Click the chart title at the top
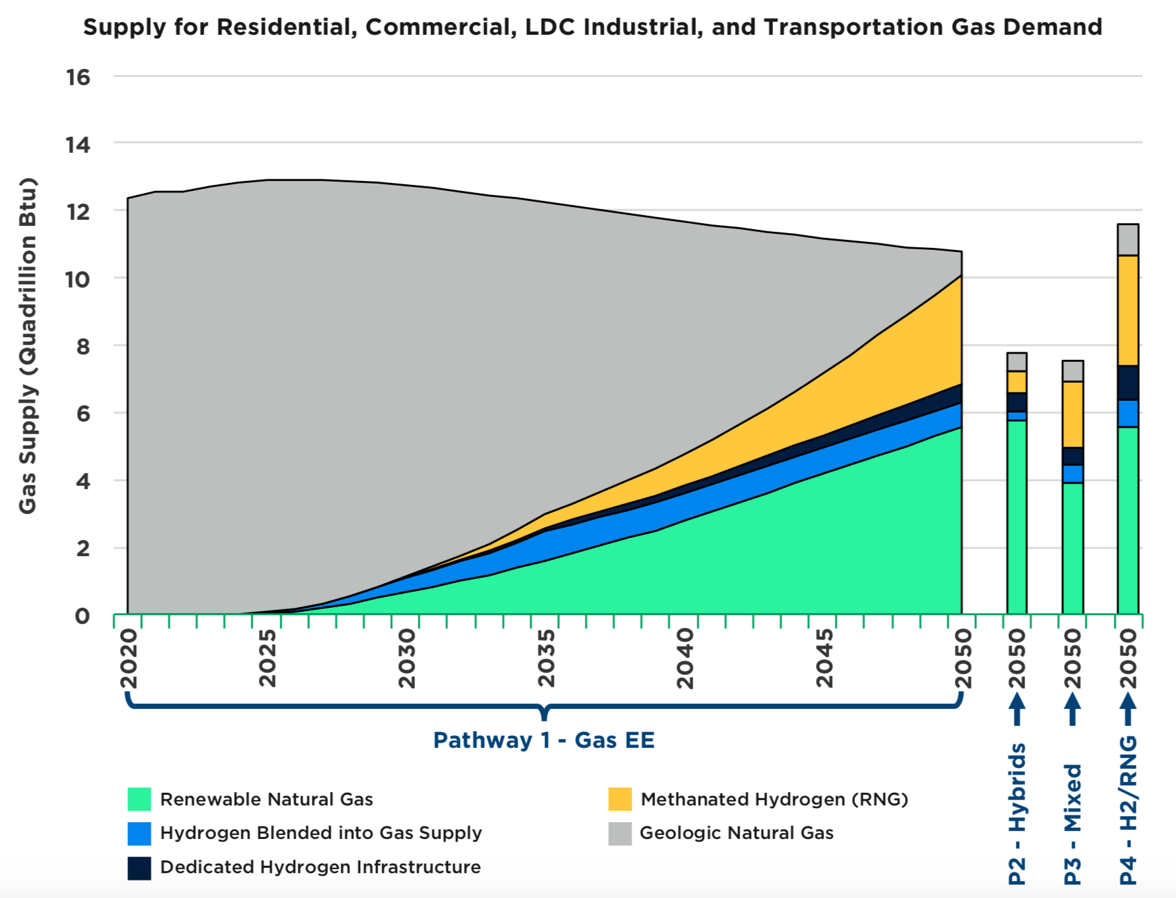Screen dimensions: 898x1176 [x=593, y=27]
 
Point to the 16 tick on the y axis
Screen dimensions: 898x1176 [x=78, y=77]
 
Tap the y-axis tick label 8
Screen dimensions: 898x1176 [x=82, y=346]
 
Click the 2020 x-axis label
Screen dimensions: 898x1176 [x=129, y=658]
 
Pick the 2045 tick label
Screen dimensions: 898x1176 [x=825, y=658]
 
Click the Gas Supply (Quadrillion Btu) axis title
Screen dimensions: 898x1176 [x=27, y=346]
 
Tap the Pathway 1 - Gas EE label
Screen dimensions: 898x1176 [x=544, y=740]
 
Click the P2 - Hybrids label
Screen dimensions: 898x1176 [x=1017, y=814]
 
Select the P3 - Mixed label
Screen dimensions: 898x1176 [x=1073, y=824]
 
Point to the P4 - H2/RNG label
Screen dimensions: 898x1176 [x=1128, y=810]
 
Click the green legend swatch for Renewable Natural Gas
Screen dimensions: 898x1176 [x=139, y=799]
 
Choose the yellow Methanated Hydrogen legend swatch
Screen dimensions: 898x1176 [x=620, y=799]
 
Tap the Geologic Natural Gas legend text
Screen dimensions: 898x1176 [x=736, y=833]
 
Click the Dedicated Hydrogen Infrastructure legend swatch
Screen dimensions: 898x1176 [x=139, y=868]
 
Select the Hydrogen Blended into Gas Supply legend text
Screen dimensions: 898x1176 [x=320, y=833]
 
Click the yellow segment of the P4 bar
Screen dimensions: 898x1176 [x=1128, y=310]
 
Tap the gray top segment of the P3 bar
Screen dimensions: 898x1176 [x=1073, y=371]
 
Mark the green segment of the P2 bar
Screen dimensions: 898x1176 [x=1017, y=516]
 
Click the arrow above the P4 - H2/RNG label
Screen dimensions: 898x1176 [x=1128, y=709]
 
